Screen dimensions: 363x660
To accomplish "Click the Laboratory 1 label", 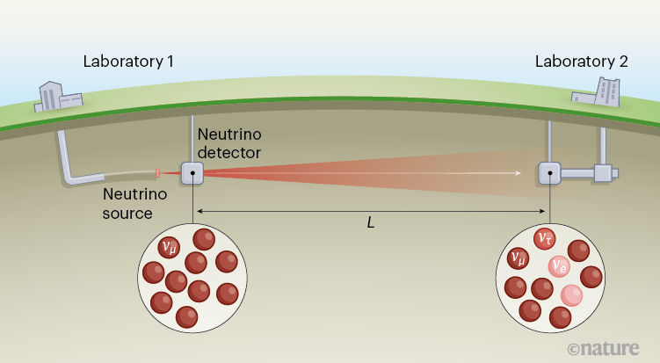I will (x=127, y=62).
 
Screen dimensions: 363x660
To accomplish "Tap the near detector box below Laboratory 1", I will (x=192, y=173).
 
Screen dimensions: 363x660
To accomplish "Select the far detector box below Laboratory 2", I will (x=550, y=173).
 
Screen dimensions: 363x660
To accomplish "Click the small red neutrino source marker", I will (x=157, y=172).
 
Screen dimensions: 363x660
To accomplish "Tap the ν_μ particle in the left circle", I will (x=170, y=247).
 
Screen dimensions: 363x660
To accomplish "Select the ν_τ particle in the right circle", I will (x=545, y=239).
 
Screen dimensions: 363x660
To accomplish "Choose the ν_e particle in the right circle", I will (x=559, y=265).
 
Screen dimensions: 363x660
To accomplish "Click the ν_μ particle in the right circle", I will (x=519, y=258).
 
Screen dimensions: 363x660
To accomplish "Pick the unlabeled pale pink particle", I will (x=572, y=295).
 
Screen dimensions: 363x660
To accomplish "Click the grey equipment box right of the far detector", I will (x=603, y=172).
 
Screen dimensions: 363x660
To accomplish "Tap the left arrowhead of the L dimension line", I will (x=199, y=211).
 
